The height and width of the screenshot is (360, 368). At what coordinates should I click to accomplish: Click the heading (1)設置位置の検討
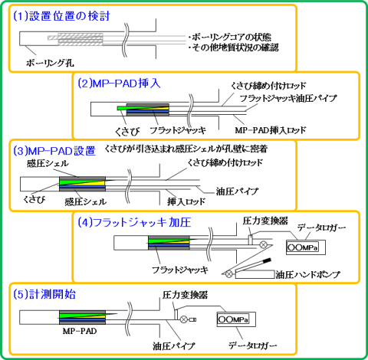[x=61, y=16]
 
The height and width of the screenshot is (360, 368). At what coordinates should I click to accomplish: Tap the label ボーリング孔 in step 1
[x=50, y=63]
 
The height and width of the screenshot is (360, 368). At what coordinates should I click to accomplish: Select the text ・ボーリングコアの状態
[x=229, y=38]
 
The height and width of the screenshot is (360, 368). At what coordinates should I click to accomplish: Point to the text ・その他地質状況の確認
[x=233, y=47]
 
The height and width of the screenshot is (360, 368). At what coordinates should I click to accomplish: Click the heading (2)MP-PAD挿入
[x=119, y=83]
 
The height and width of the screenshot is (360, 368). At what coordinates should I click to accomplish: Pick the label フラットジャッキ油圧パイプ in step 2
[x=288, y=99]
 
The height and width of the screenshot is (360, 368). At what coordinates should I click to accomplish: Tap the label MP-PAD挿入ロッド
[x=271, y=130]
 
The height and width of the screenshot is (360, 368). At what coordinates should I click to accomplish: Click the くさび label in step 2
[x=127, y=132]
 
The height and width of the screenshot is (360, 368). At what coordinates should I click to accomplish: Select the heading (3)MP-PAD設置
[x=54, y=151]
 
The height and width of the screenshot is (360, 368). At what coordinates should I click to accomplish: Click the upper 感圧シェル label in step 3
[x=48, y=163]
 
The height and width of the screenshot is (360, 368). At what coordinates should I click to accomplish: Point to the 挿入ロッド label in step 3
[x=186, y=201]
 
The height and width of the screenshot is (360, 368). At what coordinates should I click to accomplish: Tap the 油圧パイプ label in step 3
[x=237, y=191]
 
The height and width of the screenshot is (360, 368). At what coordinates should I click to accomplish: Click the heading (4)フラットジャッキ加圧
[x=134, y=222]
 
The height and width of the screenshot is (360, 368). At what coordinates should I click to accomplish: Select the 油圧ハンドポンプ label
[x=308, y=275]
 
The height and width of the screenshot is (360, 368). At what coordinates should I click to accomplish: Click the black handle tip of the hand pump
[x=266, y=260]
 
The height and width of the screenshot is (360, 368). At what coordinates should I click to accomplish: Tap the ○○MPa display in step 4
[x=303, y=247]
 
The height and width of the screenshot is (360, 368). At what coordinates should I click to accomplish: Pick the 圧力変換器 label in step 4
[x=265, y=221]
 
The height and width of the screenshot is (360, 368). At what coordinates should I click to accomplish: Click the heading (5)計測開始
[x=44, y=294]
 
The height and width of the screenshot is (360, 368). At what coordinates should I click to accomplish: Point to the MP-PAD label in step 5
[x=80, y=331]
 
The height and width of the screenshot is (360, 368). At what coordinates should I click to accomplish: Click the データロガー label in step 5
[x=253, y=345]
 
